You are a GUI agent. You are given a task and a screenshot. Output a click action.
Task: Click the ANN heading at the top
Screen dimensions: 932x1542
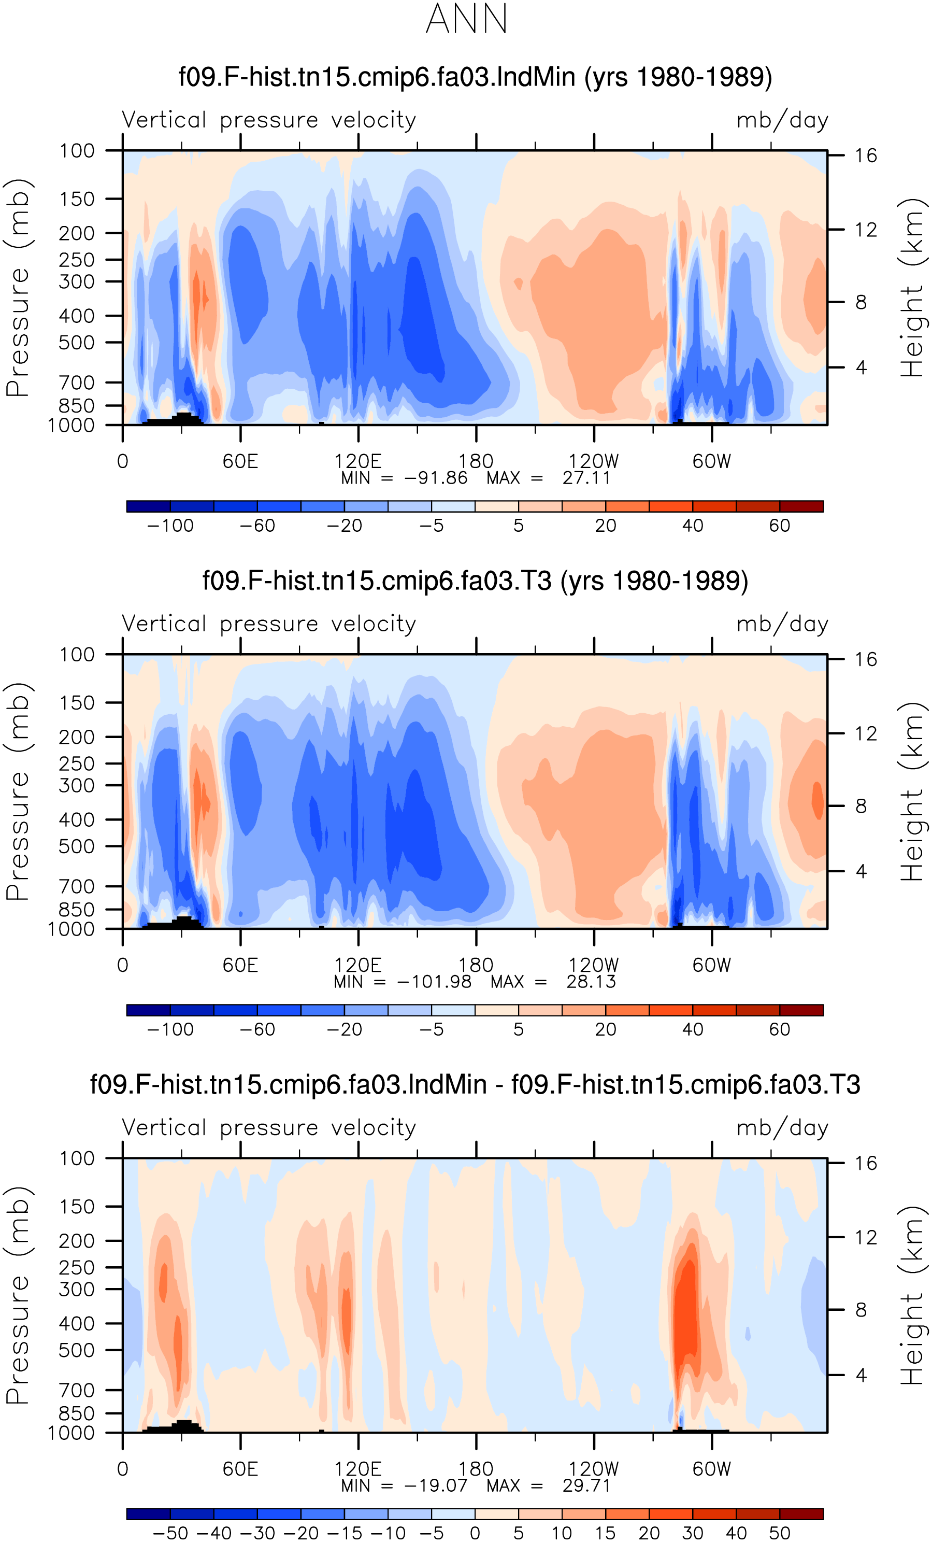pos(467,19)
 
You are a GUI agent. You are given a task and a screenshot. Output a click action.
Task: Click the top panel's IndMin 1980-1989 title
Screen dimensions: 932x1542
pos(476,77)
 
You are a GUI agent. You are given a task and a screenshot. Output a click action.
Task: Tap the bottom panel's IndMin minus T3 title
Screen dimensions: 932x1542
pos(476,1084)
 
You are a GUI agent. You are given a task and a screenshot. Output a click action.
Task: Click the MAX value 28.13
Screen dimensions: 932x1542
pos(591,982)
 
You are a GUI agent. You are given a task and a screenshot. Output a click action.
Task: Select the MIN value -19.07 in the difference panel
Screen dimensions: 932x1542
pos(436,1486)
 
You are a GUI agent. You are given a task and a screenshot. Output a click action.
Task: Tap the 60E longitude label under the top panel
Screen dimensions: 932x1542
pos(240,461)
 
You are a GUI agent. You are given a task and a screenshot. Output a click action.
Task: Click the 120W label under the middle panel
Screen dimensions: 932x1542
pos(594,965)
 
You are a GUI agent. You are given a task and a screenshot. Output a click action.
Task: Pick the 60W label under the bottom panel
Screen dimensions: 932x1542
pos(711,1469)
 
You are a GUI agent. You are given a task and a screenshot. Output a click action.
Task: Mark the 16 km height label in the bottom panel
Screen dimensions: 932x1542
pos(866,1164)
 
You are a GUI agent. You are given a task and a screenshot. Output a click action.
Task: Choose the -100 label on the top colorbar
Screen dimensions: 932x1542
pos(170,526)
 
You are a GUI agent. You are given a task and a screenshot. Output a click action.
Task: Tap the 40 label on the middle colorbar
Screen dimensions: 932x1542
pos(693,1029)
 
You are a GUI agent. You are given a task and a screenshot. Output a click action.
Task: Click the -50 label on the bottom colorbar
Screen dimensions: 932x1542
pos(170,1533)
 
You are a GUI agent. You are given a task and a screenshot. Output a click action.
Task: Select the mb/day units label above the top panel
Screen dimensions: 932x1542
pos(782,120)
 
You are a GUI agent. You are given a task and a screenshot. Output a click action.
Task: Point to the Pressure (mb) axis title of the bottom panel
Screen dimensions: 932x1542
pos(18,1295)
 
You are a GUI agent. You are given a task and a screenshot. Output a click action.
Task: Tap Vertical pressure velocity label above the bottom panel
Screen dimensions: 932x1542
pos(269,1127)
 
